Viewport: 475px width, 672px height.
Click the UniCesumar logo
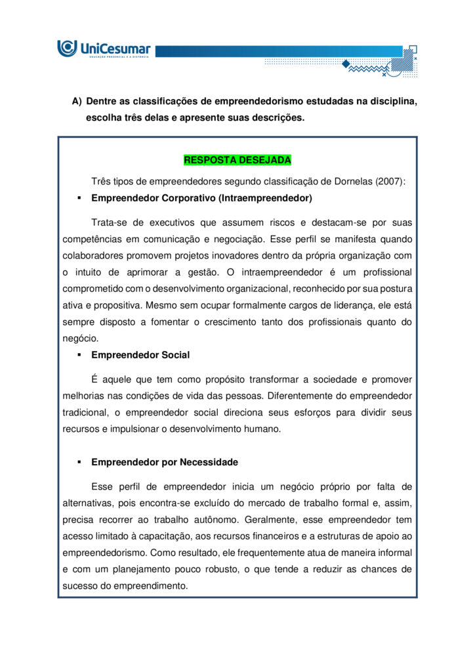click(104, 49)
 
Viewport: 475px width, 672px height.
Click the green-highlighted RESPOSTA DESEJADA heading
click(237, 160)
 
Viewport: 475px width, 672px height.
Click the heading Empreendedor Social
click(140, 355)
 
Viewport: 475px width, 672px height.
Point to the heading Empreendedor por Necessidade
click(165, 463)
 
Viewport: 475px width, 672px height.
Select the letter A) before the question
click(76, 102)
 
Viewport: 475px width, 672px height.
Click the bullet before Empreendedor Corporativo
click(79, 198)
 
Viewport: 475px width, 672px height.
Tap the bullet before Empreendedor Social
click(79, 355)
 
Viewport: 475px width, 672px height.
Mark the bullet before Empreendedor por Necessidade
click(79, 463)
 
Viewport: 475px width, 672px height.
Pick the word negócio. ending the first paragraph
click(80, 339)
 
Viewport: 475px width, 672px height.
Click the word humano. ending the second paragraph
click(263, 429)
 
